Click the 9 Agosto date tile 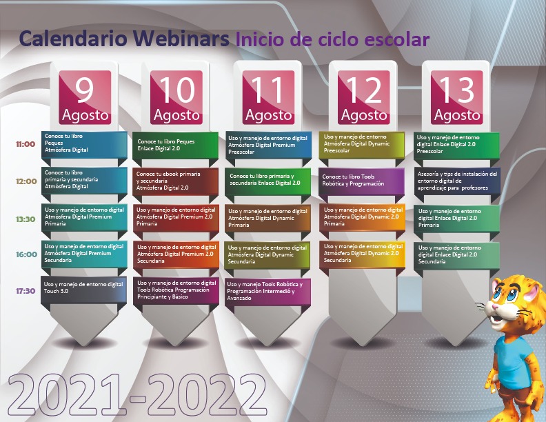(85, 97)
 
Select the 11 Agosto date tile (268, 97)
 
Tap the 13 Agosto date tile (457, 97)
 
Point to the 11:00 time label (26, 144)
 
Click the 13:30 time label (26, 219)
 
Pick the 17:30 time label (26, 291)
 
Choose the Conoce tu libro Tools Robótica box (361, 181)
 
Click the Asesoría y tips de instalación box (457, 181)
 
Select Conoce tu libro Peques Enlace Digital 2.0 (176, 145)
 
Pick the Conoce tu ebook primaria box (176, 181)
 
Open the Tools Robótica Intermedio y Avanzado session (267, 291)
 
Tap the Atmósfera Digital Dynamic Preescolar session (361, 144)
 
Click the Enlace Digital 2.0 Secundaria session (457, 255)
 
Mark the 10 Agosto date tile (176, 97)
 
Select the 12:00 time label (26, 181)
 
